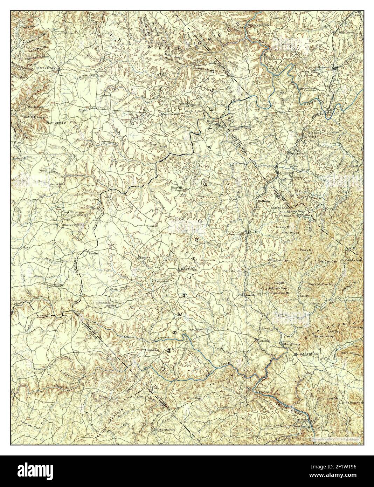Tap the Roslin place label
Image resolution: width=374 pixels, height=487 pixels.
pos(93,253)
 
